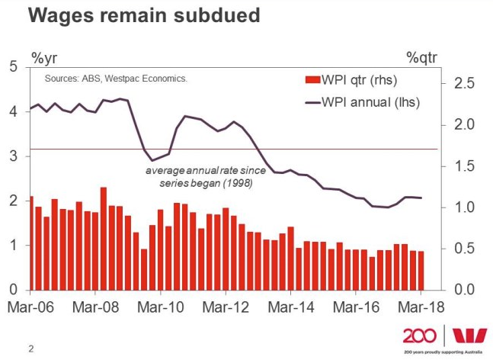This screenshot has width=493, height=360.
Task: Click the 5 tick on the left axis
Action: (13, 66)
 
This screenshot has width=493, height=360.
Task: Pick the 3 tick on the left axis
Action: (13, 156)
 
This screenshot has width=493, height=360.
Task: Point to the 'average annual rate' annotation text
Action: (199, 177)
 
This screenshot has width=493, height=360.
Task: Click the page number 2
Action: (31, 349)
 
